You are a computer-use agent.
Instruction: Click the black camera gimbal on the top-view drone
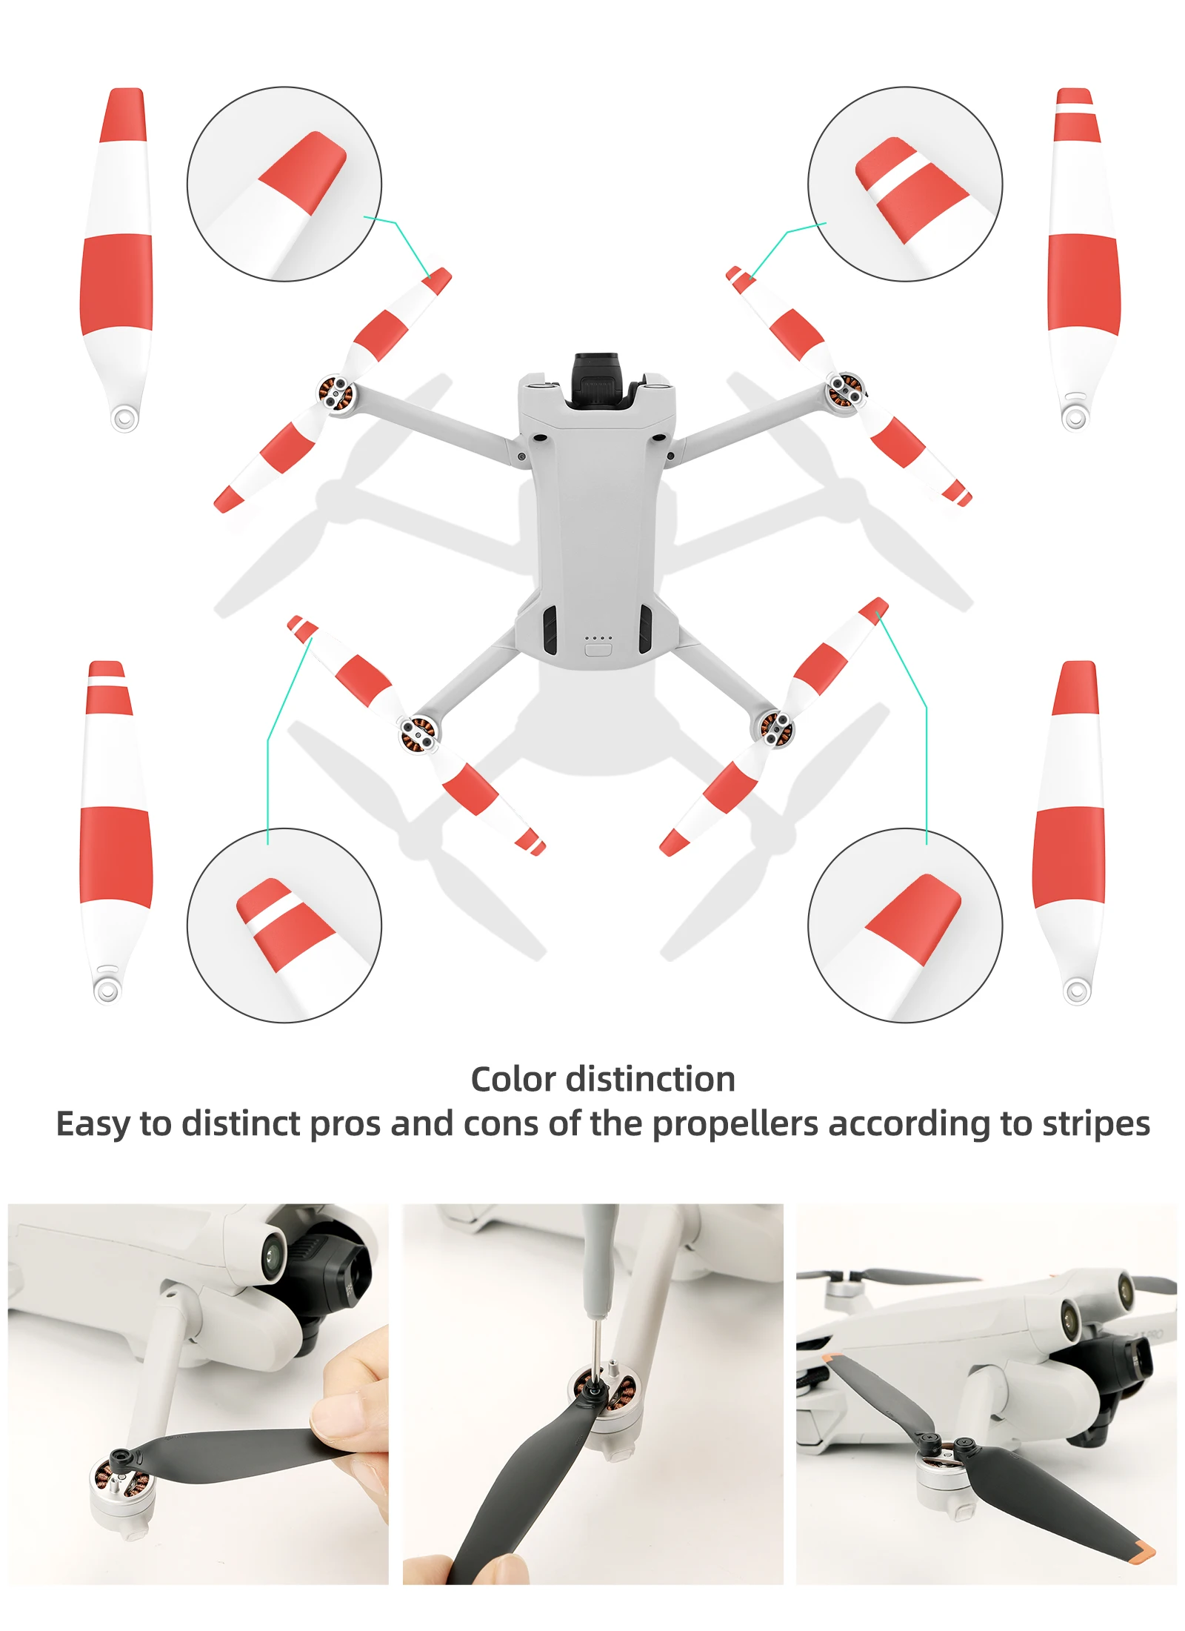tap(601, 379)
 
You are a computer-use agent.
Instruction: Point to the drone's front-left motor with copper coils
tap(335, 391)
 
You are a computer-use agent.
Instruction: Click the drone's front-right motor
tap(844, 390)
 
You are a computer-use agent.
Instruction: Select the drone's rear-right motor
tap(773, 727)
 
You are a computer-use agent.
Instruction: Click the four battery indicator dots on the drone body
tap(598, 637)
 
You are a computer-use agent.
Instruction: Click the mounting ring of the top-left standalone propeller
tap(124, 418)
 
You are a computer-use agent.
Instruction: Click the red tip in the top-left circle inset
tap(304, 173)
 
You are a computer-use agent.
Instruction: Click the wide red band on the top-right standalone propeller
tap(1083, 282)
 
